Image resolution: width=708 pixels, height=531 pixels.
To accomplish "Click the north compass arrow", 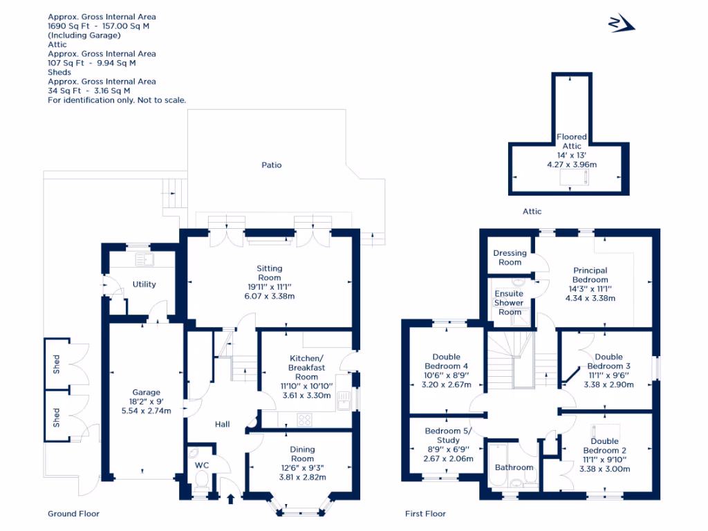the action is (x=622, y=23).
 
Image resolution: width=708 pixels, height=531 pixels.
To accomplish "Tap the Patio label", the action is (x=271, y=165).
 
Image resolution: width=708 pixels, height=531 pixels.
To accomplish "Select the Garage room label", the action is (x=147, y=393).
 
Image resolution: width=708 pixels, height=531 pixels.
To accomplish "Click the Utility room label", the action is (x=144, y=284).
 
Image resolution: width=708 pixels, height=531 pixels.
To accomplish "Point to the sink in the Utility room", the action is (x=145, y=259).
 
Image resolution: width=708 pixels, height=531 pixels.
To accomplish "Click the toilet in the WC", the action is (x=201, y=480).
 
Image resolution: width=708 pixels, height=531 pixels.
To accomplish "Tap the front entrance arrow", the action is (x=231, y=499).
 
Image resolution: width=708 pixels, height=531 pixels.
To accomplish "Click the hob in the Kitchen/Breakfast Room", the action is (x=304, y=420).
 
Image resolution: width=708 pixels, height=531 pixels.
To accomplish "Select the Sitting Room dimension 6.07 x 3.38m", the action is (x=270, y=296).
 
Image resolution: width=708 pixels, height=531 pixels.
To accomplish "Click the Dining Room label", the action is (x=303, y=454).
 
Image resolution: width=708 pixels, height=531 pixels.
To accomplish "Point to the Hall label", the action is (x=222, y=425).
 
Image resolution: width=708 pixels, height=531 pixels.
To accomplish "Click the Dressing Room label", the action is (x=510, y=257).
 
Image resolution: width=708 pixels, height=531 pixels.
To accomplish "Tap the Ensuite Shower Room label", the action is (x=510, y=303).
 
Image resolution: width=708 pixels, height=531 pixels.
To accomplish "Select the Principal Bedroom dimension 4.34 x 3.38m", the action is (x=590, y=298).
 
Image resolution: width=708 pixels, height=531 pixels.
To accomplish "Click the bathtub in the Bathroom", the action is (x=499, y=465).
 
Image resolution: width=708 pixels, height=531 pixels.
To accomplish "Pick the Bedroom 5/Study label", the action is (x=448, y=436).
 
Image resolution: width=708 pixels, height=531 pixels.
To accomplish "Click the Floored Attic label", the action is (x=572, y=141).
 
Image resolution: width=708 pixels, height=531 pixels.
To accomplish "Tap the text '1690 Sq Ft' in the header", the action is (x=68, y=26).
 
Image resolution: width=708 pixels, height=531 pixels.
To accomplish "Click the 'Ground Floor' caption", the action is (x=73, y=514).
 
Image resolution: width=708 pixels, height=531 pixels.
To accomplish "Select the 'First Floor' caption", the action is (x=425, y=514).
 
